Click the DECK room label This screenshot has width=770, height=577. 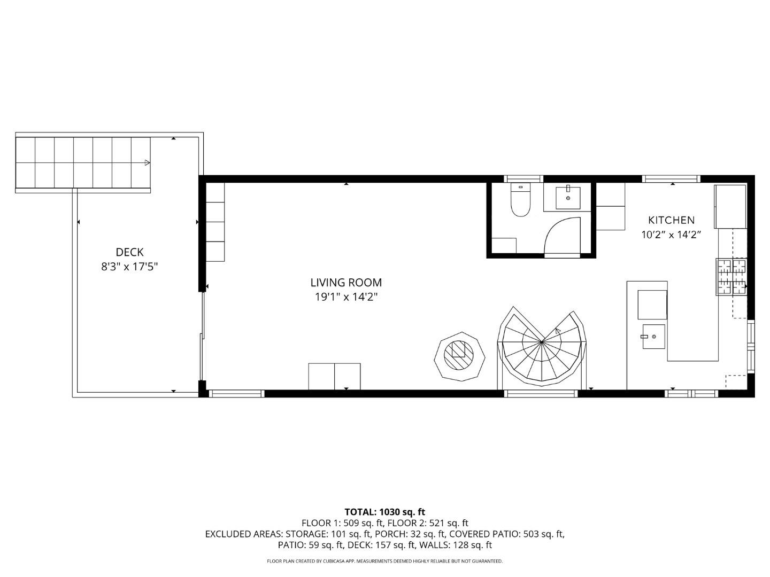[129, 252]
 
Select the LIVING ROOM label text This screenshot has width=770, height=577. [346, 283]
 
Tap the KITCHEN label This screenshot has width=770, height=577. [671, 220]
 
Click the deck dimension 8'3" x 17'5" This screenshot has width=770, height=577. [129, 267]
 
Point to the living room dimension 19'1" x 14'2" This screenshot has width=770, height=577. [346, 297]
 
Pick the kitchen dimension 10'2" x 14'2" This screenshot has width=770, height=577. [671, 235]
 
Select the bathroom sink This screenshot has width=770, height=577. [568, 197]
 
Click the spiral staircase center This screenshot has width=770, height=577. [542, 341]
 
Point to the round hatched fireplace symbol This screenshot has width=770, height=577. [460, 356]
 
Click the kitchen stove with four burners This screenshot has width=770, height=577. [731, 276]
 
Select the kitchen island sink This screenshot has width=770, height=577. [653, 337]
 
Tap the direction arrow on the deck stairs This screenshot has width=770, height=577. [147, 162]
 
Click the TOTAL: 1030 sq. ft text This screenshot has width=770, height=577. [384, 512]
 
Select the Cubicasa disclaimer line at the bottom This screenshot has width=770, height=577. [384, 561]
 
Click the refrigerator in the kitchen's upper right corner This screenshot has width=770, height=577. [730, 206]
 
